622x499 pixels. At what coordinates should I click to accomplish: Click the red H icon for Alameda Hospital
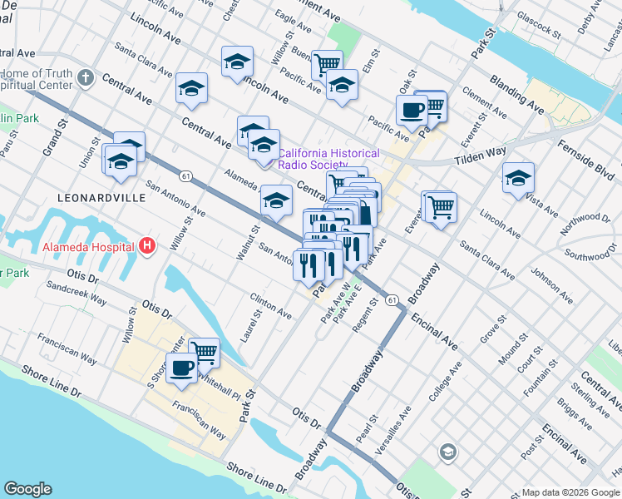pos(147,245)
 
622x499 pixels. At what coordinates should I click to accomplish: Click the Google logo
pos(28,489)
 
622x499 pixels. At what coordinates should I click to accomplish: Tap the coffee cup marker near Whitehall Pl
pos(181,367)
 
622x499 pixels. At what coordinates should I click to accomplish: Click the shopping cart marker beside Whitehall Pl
pos(204,351)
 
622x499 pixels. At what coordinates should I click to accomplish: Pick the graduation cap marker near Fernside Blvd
pos(518,177)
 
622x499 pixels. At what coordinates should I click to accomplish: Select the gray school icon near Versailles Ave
pos(447,452)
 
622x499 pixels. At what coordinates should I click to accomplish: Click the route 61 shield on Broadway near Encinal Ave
pos(392,299)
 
